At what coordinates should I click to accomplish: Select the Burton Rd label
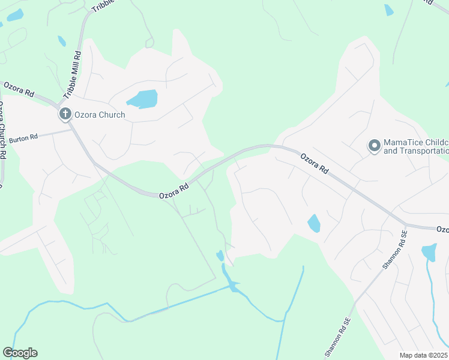pos(24,137)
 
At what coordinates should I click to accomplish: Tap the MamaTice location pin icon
pos(374,146)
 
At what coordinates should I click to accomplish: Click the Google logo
pos(20,353)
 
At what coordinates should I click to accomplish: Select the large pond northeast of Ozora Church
pos(142,99)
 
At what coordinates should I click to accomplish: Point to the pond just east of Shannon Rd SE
pos(429,252)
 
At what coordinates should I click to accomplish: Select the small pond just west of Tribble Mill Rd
pos(62,41)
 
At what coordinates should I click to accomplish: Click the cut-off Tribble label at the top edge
pos(103,5)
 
